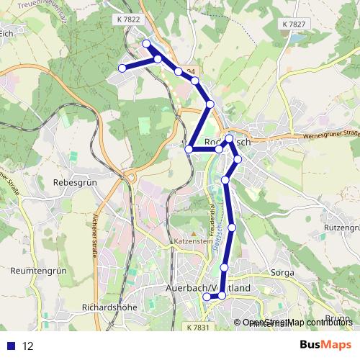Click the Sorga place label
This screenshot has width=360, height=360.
coord(282,274)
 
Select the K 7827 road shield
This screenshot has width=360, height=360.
coord(294,24)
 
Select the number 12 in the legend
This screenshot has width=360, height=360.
coord(28,346)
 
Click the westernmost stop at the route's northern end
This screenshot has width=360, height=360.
coord(122,68)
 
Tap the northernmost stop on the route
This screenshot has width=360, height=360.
coord(147,44)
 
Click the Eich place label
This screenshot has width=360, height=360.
coord(9,33)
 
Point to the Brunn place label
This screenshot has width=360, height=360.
coord(338,318)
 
